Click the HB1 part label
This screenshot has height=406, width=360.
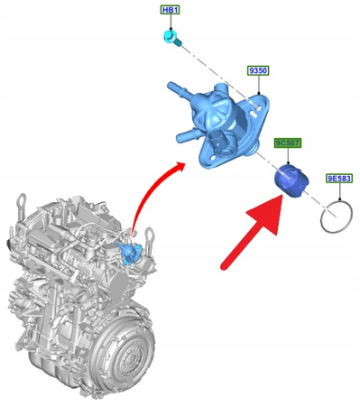[171, 10]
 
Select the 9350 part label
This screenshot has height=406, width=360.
[258, 70]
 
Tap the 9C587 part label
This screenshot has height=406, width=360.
[288, 143]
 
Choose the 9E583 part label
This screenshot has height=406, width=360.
[339, 179]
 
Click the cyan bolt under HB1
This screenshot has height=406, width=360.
[172, 38]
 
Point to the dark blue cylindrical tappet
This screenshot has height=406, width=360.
[291, 181]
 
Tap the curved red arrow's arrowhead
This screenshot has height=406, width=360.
[180, 167]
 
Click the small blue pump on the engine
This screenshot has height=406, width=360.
[130, 250]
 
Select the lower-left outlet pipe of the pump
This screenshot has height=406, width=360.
[189, 135]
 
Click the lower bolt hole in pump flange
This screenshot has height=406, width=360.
[212, 157]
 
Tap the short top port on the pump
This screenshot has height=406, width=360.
[222, 89]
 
